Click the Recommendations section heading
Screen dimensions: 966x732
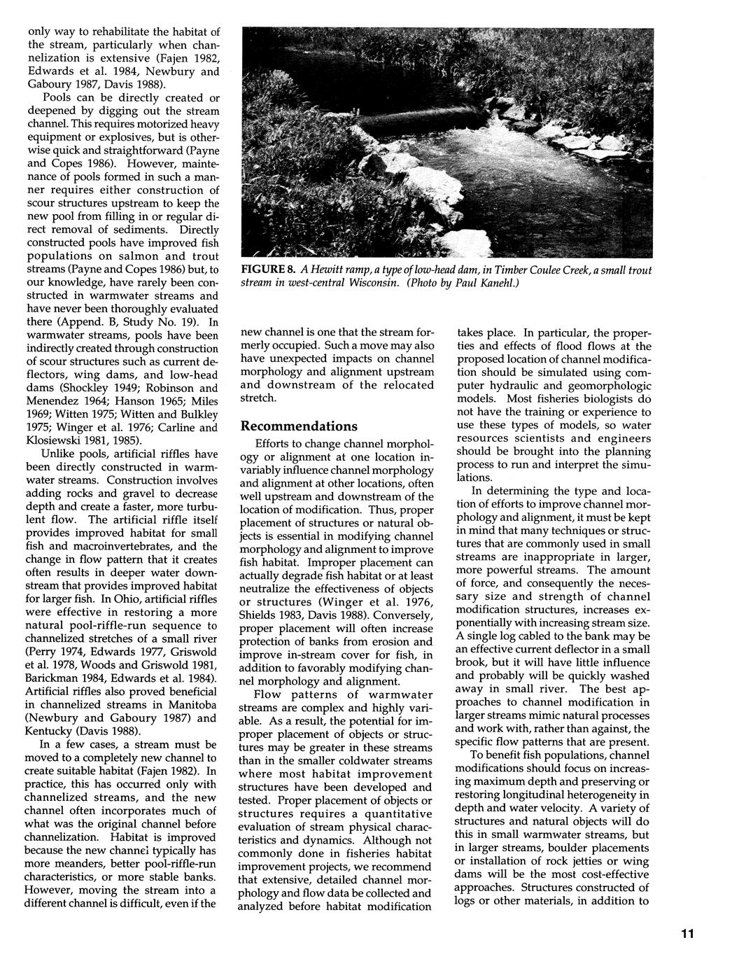point(299,426)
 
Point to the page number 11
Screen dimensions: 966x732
point(686,934)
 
